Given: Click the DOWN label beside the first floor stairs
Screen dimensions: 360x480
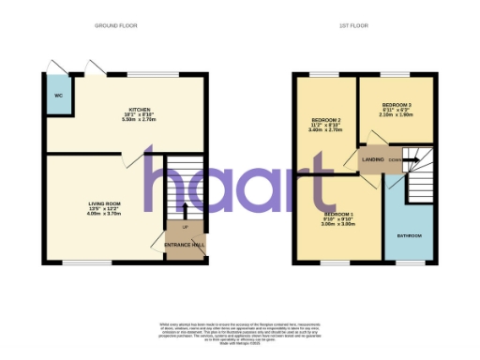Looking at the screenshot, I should [x=397, y=158].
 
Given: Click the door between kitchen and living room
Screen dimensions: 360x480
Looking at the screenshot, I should [x=125, y=161].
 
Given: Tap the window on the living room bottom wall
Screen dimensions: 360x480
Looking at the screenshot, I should [x=77, y=262].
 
